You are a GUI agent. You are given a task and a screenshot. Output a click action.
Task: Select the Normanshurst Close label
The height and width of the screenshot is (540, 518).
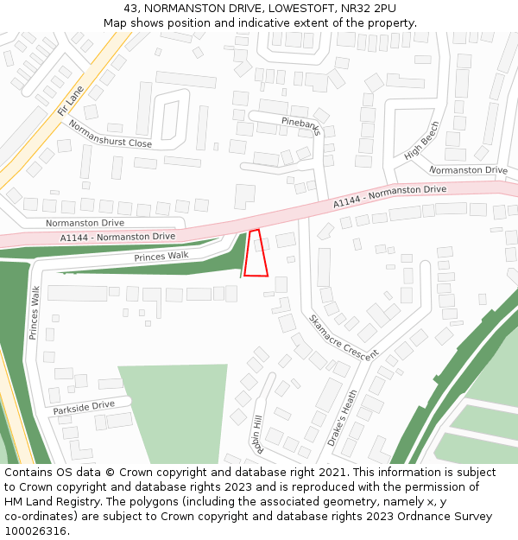coord(110,133)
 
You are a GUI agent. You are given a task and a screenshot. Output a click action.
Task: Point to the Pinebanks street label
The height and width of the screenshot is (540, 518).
coord(300,126)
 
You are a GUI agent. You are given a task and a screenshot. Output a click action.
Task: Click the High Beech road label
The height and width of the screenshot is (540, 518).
coord(422,140)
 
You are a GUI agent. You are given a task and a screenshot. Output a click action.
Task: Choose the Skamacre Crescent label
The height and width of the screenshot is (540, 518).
coord(344,338)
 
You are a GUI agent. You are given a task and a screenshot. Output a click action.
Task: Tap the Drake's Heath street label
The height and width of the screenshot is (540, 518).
coord(343,419)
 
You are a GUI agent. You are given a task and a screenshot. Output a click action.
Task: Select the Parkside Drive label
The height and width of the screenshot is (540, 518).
coord(83,406)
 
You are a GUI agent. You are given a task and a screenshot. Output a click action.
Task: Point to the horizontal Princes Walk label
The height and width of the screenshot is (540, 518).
coord(161,257)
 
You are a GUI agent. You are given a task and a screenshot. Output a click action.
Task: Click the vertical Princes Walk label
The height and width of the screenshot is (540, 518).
coord(35,312)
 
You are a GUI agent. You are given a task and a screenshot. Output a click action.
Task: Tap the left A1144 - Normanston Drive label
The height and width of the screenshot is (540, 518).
coord(117,237)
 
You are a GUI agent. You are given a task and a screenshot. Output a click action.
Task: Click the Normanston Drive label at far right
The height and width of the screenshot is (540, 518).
coord(468,170)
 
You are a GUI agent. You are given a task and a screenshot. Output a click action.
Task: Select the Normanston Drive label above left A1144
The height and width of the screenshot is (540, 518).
coord(85,223)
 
